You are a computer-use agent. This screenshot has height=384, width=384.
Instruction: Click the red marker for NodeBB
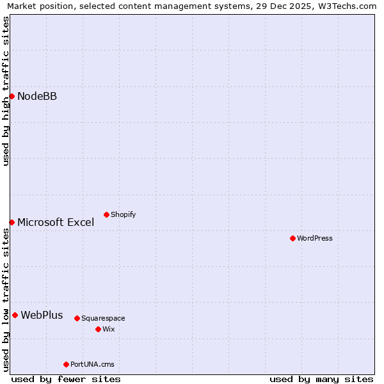point(12,96)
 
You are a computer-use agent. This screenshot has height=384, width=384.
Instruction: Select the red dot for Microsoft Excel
point(12,222)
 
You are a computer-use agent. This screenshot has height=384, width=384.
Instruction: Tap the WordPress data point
point(292,238)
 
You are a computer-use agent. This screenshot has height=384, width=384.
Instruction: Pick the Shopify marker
point(106,214)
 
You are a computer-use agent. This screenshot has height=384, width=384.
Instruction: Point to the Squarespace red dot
point(77,318)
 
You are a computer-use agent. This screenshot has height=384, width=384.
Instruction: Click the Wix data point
point(98,329)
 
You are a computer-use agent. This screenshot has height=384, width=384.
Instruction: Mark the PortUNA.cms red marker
point(66,364)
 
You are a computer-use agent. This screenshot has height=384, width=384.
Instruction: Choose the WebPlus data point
point(15,315)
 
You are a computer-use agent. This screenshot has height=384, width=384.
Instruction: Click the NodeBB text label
point(37,97)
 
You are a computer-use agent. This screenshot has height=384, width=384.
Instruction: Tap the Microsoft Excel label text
point(56,223)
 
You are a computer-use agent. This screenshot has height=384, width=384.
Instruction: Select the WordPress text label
point(315,239)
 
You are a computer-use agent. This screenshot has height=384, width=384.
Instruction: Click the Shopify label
point(123,215)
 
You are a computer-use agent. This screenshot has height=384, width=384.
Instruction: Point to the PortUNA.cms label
point(92,365)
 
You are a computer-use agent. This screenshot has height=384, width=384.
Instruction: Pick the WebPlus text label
point(42,316)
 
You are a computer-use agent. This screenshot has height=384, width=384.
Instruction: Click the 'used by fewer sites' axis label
point(66,379)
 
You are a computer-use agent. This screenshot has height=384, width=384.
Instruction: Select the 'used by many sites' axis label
point(321,379)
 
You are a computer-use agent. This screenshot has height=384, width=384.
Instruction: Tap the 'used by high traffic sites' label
point(6,92)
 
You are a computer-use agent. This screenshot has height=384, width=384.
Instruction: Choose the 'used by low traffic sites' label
point(6,300)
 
